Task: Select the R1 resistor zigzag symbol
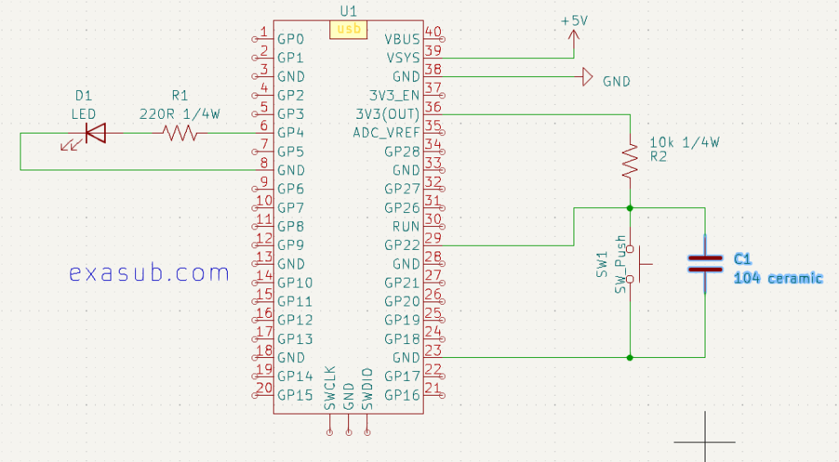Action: (180, 133)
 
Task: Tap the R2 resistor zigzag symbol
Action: (630, 161)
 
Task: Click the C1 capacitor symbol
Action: (705, 262)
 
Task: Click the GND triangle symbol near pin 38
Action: (587, 78)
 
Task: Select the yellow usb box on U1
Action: (348, 29)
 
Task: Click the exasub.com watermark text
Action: (149, 273)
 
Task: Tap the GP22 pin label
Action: (401, 245)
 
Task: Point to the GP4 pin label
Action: (291, 133)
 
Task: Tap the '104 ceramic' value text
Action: (778, 279)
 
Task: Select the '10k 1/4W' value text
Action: (683, 142)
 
